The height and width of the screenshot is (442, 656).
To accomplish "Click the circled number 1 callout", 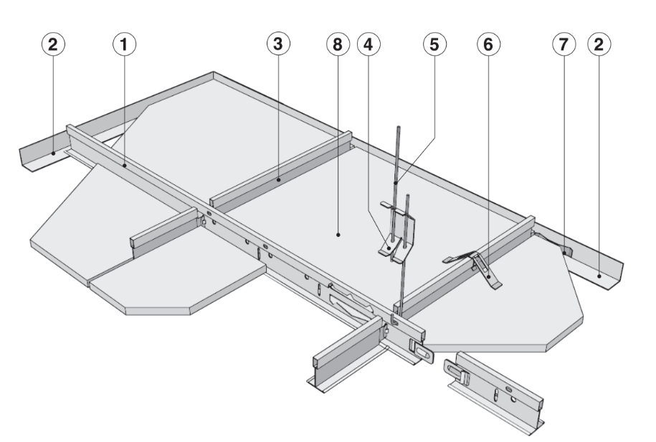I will [125, 44].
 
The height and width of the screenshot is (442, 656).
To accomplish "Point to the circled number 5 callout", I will [432, 44].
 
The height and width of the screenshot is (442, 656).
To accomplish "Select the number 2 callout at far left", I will [54, 44].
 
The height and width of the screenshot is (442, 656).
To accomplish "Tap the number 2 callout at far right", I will [599, 44].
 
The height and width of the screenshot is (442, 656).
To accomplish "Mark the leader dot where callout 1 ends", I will [125, 165].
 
